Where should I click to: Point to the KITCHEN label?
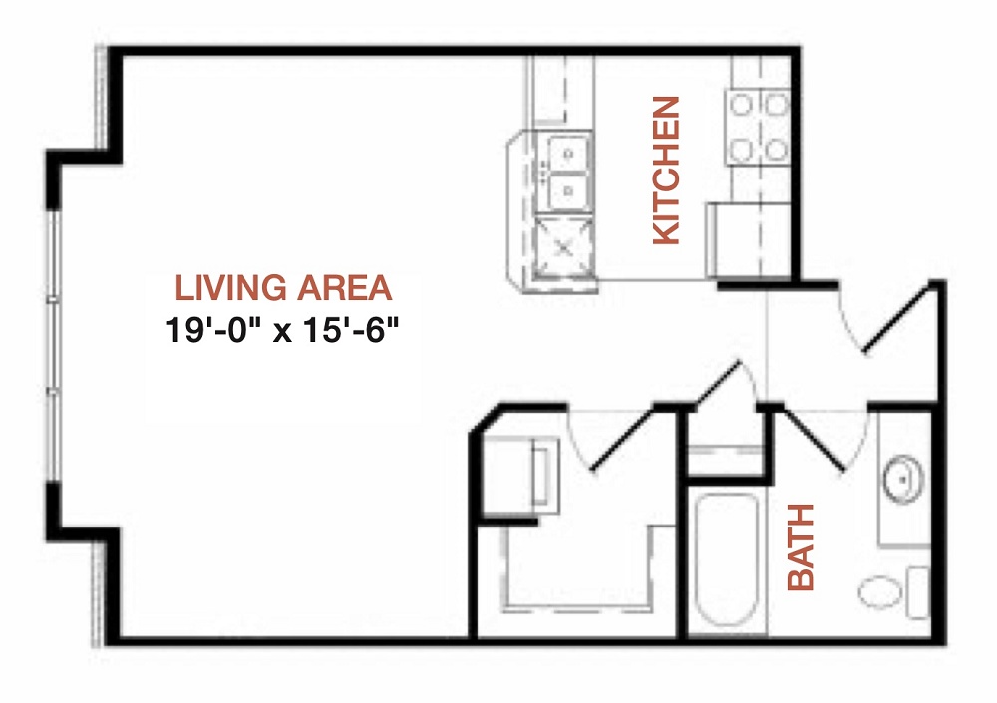pos(667,170)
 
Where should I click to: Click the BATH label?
pos(801,547)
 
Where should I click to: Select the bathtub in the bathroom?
pos(726,558)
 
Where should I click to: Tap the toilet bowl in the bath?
pos(880,591)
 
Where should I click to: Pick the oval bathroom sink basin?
pos(902,479)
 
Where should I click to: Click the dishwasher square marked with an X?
pos(564,247)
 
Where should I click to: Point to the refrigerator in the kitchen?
pos(749,240)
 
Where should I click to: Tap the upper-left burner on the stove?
pos(741,104)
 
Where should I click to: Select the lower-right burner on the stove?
pos(777,151)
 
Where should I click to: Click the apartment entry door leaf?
pos(899,318)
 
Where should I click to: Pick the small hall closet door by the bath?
pos(719,382)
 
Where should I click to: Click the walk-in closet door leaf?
pos(624,440)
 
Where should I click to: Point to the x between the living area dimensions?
pos(282,333)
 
